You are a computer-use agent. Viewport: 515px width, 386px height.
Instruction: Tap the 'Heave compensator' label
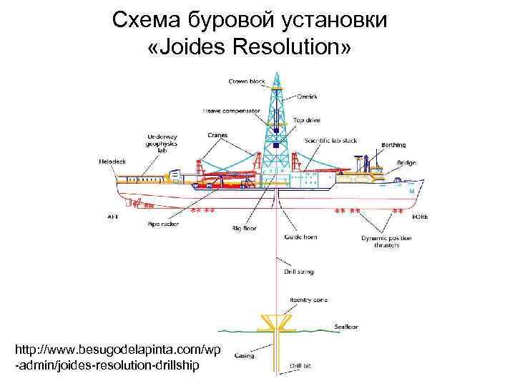(231, 111)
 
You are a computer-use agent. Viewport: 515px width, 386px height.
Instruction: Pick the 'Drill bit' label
(300, 365)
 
